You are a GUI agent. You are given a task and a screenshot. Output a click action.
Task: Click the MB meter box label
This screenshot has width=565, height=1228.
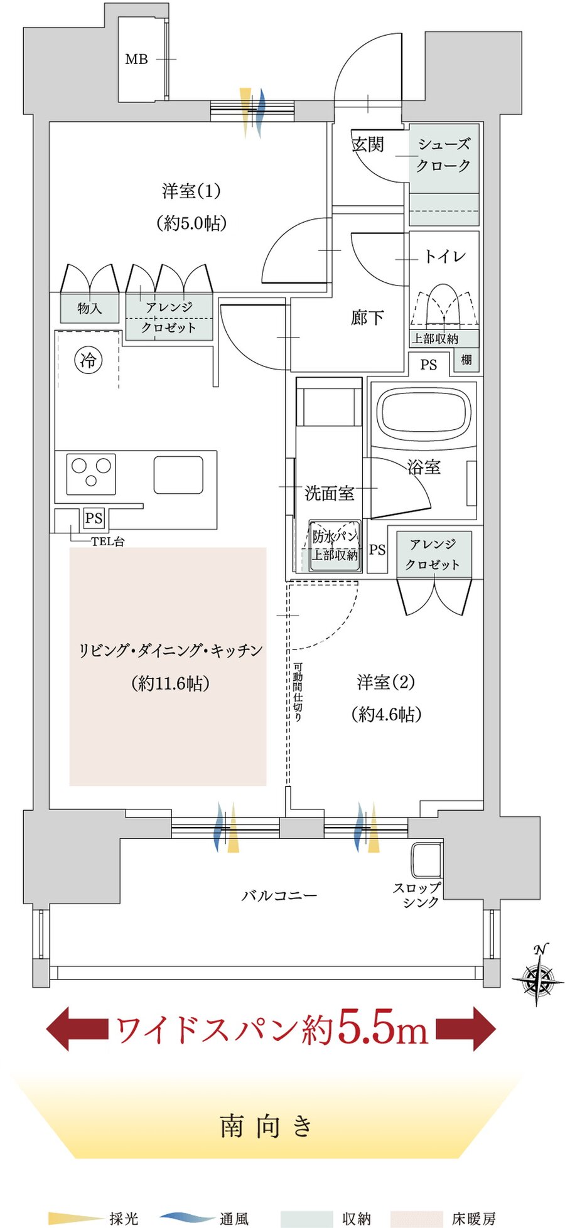tap(136, 60)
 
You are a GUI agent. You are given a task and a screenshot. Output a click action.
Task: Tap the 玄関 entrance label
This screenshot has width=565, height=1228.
tap(367, 145)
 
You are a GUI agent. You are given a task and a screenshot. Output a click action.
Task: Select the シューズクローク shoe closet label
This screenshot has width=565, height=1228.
tap(443, 155)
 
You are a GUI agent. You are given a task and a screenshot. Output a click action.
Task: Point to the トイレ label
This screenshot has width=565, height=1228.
tap(444, 256)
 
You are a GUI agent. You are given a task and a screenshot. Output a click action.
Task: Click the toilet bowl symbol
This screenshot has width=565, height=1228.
tap(444, 305)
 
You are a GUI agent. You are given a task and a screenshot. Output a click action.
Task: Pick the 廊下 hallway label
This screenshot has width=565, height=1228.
tap(367, 318)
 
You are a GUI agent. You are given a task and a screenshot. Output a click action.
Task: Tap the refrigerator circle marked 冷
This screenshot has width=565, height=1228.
tap(89, 360)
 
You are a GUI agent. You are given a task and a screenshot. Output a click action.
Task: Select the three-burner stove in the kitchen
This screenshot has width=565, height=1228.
tap(92, 473)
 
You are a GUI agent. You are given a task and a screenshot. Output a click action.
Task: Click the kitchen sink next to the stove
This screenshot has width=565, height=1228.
tap(178, 475)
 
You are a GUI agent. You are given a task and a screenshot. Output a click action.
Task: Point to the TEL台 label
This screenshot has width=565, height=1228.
tap(108, 542)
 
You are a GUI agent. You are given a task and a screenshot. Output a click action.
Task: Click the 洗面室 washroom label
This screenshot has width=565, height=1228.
tap(330, 493)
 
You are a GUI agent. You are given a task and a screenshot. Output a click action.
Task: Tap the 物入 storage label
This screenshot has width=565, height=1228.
tap(90, 308)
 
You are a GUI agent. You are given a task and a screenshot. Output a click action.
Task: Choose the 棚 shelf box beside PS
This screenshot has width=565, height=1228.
tap(466, 360)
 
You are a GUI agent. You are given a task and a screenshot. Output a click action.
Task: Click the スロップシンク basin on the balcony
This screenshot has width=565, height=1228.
tap(426, 860)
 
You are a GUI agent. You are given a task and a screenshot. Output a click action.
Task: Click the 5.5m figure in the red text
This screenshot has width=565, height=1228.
tap(383, 1028)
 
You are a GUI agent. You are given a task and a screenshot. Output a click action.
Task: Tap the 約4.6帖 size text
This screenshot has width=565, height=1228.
tap(387, 714)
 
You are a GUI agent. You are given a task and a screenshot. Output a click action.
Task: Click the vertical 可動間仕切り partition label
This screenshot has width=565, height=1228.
tap(298, 691)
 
